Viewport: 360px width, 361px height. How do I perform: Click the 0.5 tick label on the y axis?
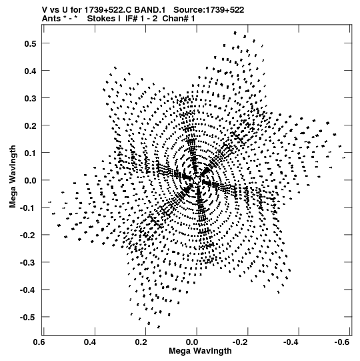pos(30,43)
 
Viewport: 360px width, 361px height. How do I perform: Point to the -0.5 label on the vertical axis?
pos(28,317)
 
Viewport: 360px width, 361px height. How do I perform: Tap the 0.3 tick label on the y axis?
pos(30,98)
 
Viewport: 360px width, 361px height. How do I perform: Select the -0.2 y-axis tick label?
pos(28,235)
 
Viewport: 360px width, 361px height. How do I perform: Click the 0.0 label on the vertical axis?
pos(30,180)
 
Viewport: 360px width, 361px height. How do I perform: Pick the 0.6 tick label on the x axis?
pos(39,342)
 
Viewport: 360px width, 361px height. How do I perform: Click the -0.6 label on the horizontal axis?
pos(342,342)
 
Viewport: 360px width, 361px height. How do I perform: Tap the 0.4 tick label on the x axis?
pos(90,342)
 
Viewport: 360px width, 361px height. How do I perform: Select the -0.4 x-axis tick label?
pos(291,342)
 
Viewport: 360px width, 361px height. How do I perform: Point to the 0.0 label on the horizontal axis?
pos(192,342)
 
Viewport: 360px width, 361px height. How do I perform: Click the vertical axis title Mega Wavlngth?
pos(13,177)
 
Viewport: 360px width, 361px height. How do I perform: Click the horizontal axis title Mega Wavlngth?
pos(200,351)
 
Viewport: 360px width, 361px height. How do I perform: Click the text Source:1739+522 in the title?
pos(209,10)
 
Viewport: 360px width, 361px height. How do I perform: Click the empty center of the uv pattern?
pos(197,179)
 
